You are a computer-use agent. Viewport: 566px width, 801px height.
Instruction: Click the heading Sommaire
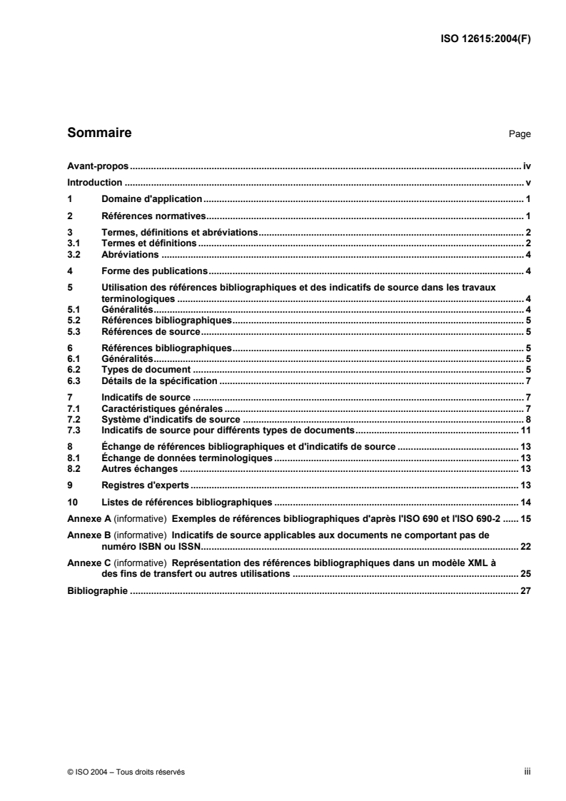point(98,133)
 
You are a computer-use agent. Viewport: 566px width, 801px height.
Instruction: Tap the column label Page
point(520,134)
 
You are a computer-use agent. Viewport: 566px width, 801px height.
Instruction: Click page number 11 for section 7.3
point(526,430)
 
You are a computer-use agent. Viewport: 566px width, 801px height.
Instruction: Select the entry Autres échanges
point(139,468)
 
